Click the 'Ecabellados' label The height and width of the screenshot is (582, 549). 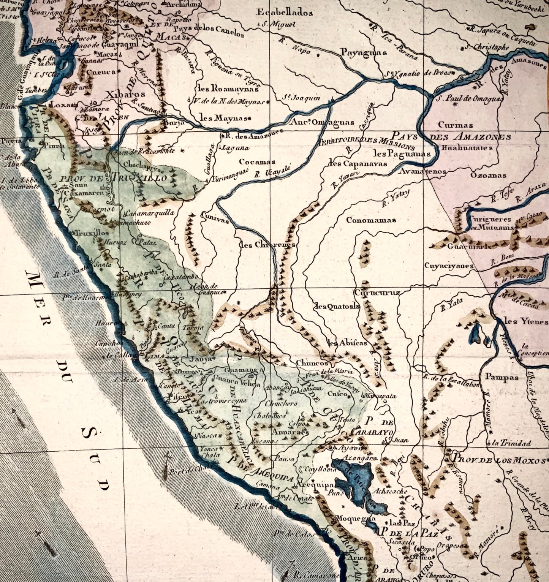[x=285, y=13]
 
